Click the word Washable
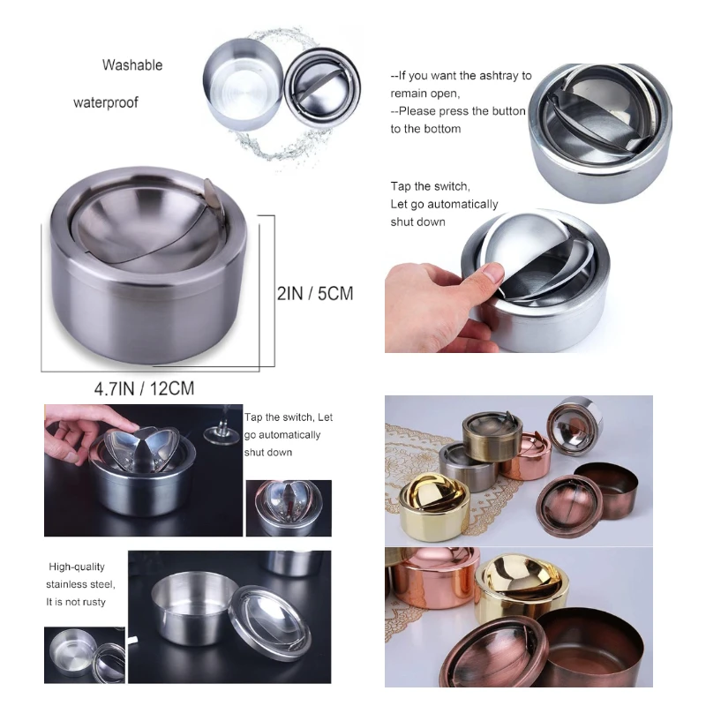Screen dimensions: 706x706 [x=132, y=65]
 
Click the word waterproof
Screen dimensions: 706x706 [x=105, y=102]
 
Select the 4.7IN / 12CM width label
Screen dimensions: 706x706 [x=144, y=387]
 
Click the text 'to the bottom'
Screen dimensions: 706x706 [x=425, y=129]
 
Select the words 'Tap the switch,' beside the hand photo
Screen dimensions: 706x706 [x=430, y=186]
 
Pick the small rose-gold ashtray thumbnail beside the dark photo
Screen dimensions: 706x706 [x=289, y=507]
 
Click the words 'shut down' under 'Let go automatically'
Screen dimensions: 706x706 [x=417, y=222]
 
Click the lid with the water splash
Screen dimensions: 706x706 [x=323, y=88]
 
